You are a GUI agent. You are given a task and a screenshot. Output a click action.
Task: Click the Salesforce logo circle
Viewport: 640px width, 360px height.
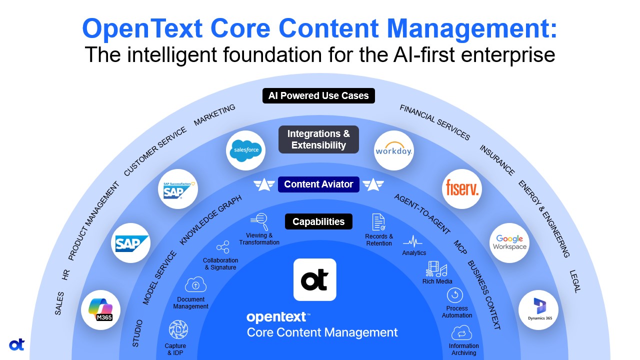click(245, 150)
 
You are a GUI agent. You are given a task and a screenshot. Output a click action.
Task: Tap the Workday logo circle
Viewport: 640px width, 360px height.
click(393, 150)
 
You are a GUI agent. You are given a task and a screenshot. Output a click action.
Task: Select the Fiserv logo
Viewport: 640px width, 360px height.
click(462, 189)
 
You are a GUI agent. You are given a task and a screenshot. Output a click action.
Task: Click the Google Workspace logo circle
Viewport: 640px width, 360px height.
click(509, 242)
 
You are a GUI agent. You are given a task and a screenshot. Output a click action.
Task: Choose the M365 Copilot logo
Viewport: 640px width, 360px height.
click(100, 310)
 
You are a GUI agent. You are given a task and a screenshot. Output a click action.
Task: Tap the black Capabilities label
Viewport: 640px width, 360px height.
click(318, 221)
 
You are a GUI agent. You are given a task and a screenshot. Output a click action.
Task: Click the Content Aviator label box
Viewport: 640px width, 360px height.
click(318, 184)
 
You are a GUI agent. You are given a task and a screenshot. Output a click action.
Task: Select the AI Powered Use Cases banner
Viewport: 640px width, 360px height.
click(318, 95)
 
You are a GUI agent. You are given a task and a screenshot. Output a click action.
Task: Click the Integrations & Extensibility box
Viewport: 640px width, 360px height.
click(318, 139)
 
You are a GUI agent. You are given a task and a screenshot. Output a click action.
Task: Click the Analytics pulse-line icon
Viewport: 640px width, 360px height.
click(413, 242)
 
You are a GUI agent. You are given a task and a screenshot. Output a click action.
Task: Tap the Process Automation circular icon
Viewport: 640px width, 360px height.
click(455, 295)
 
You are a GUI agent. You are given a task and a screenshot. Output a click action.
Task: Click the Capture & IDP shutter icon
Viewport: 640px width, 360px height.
click(178, 330)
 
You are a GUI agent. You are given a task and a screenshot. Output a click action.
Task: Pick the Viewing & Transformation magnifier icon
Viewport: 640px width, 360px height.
click(259, 220)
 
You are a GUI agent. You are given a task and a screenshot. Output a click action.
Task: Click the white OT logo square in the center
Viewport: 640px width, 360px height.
click(315, 279)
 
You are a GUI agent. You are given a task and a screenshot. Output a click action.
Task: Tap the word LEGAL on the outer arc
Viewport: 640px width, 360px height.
click(575, 281)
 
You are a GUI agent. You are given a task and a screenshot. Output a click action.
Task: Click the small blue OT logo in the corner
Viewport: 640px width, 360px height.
click(16, 344)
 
